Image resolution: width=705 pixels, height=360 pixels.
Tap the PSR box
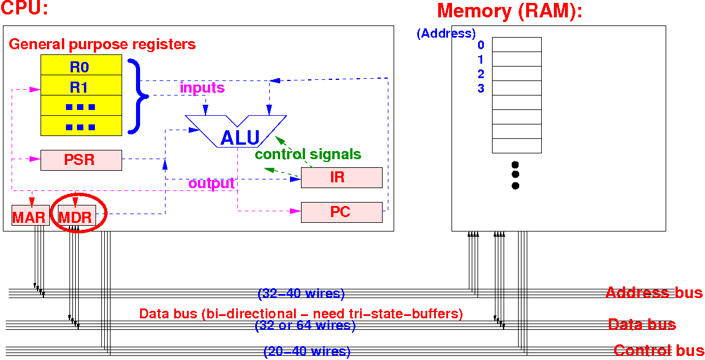point(81,160)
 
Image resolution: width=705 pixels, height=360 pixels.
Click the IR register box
point(342,177)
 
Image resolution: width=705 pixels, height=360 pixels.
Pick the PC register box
point(342,212)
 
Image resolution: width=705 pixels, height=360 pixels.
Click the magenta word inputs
point(202,88)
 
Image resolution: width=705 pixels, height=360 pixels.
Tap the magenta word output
point(211,183)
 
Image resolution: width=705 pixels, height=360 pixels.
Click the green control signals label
point(308,155)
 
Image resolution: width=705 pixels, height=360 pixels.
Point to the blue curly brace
point(137,96)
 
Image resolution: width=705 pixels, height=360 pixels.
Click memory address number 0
point(480,45)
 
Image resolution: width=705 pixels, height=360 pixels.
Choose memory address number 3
point(480,89)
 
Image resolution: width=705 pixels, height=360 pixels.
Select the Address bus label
point(653,293)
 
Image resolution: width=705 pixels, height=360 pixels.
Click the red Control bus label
point(659,350)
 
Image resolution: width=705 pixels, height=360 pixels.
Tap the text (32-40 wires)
point(301,294)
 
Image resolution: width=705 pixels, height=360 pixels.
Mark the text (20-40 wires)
point(307,351)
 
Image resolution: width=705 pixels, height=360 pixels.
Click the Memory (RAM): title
point(509,11)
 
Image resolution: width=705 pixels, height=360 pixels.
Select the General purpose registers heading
point(102,44)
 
